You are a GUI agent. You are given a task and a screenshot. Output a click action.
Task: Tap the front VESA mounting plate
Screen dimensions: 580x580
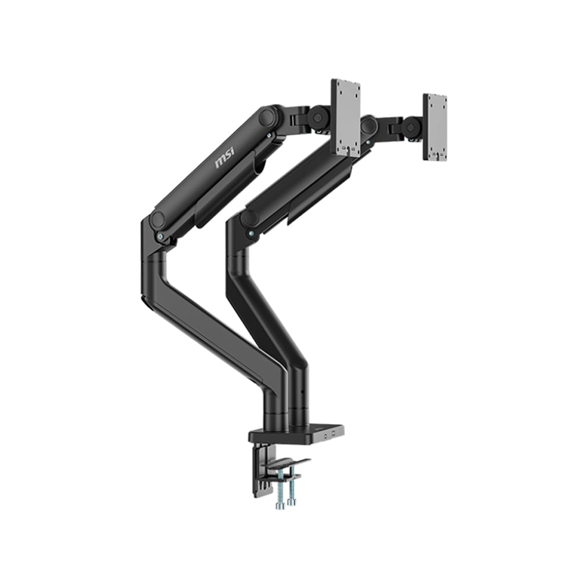click(x=346, y=117)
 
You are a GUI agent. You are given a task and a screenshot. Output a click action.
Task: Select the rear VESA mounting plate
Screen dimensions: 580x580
click(x=434, y=126)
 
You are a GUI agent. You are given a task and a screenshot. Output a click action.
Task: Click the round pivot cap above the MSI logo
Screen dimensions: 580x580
click(x=268, y=117)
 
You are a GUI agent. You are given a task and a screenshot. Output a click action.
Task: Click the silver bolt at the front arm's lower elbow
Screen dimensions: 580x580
click(x=159, y=237)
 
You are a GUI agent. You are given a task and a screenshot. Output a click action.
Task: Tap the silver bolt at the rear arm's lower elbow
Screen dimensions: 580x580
click(x=250, y=233)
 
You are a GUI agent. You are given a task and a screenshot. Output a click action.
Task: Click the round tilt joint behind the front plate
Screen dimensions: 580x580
click(x=317, y=118)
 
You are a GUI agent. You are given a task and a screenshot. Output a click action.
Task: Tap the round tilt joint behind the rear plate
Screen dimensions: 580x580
click(x=412, y=127)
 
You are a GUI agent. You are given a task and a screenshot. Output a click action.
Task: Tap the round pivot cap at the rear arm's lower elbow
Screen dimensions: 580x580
click(x=250, y=219)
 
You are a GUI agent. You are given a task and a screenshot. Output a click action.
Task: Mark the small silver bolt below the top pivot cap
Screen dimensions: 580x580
click(x=269, y=136)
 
